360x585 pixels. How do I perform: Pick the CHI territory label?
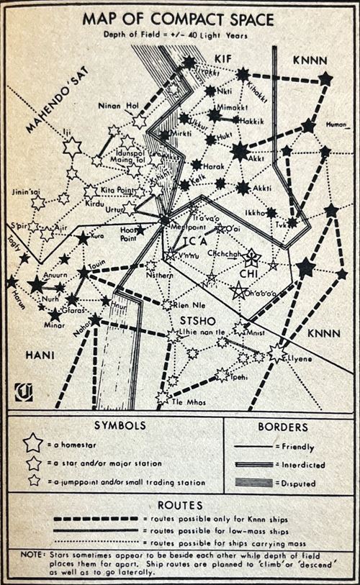246,273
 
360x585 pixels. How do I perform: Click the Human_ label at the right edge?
338,124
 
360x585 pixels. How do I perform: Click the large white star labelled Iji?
72,148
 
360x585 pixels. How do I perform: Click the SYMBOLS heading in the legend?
116,426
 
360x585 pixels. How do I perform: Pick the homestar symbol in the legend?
32,444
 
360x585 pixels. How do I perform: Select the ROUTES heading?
180,505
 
